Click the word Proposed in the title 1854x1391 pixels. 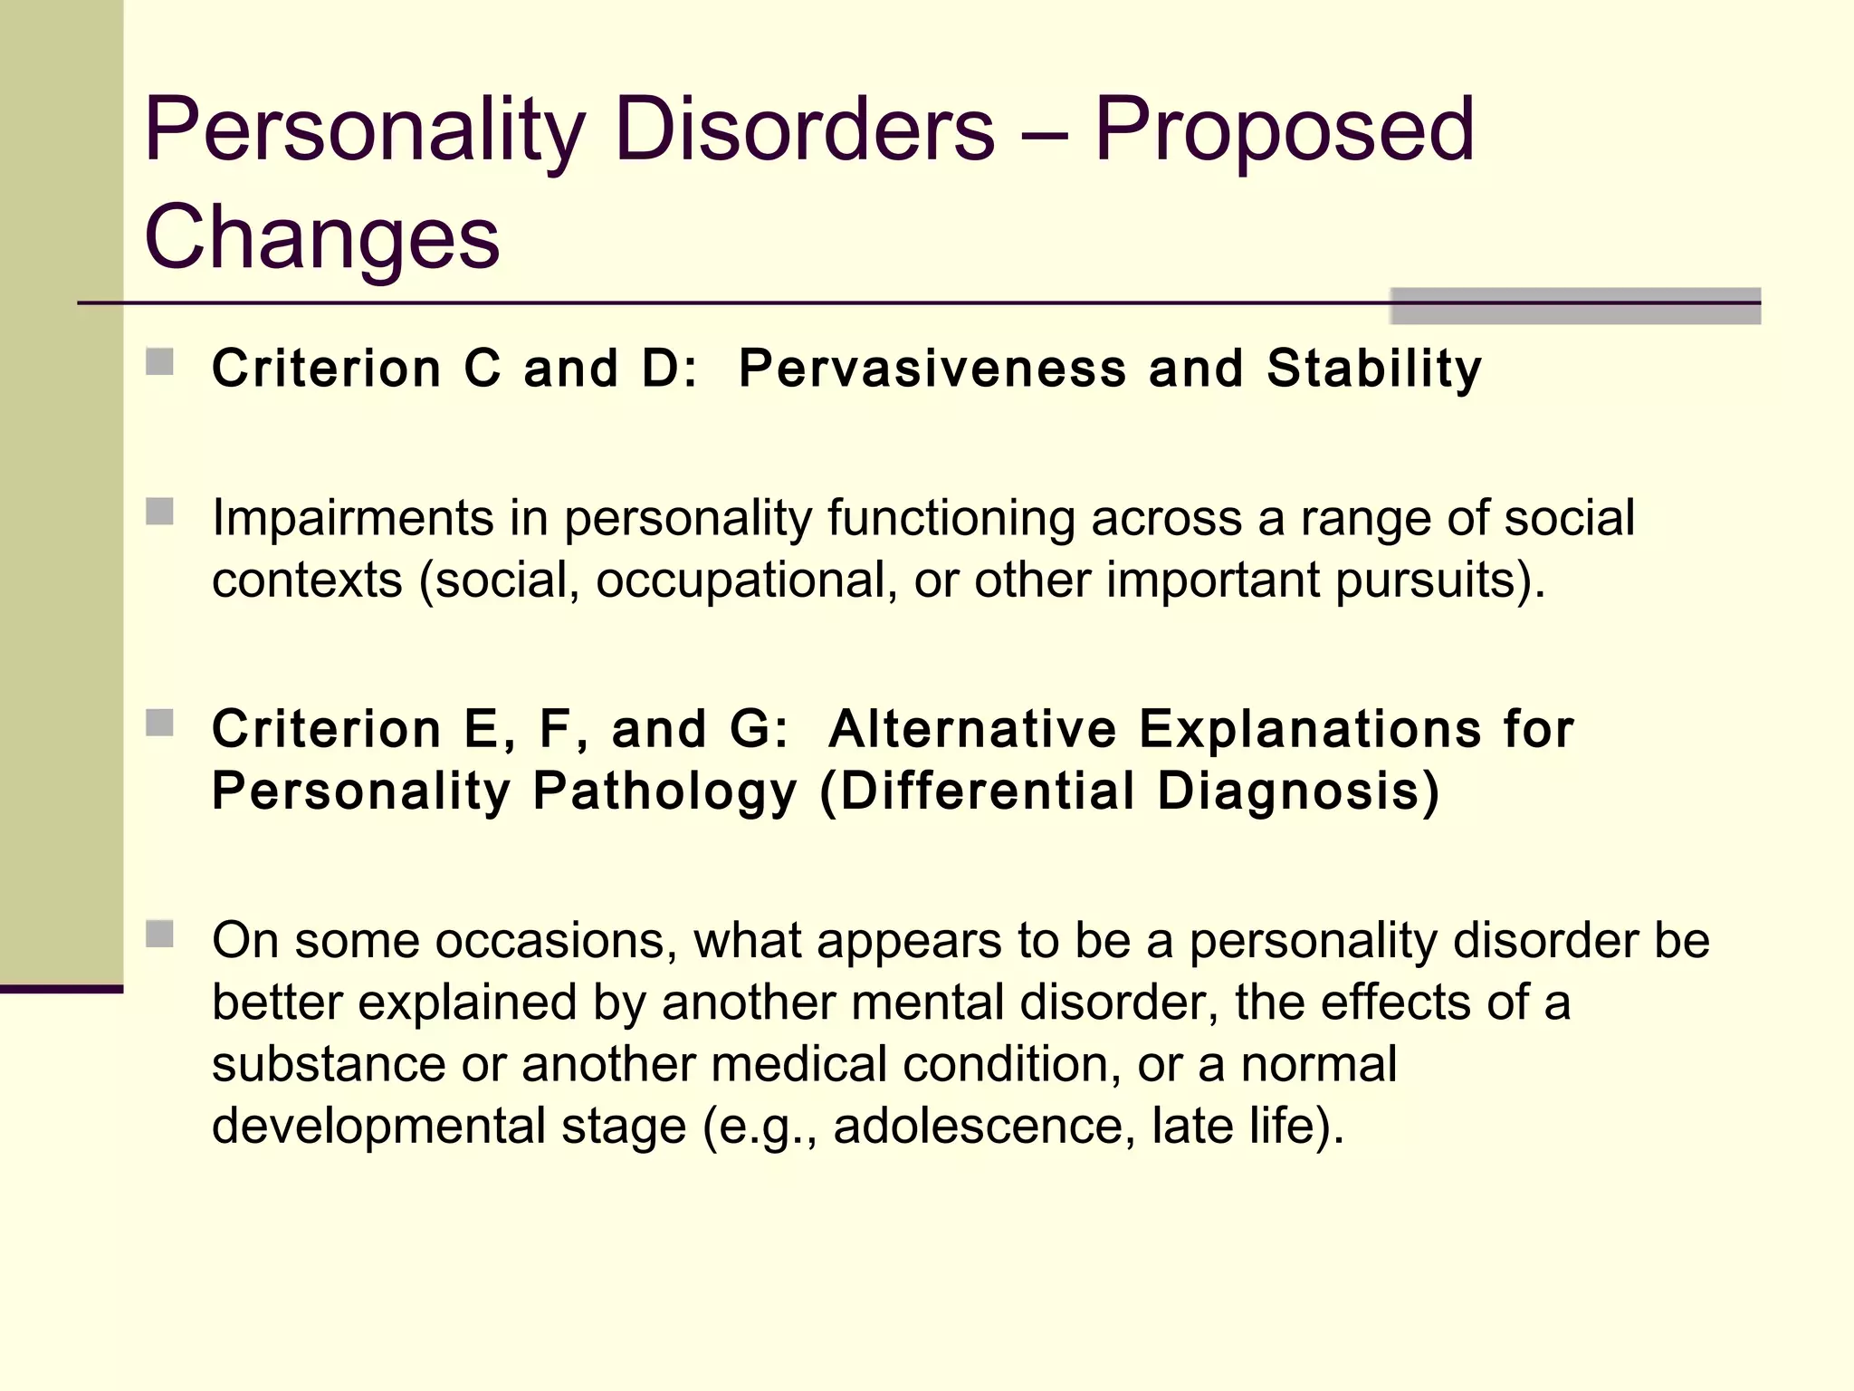coord(1284,131)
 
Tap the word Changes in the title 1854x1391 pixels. coord(321,237)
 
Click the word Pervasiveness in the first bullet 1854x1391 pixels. coord(932,369)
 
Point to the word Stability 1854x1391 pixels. coord(1373,369)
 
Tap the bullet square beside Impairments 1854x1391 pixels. coord(159,512)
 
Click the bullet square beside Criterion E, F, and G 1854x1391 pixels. coord(159,723)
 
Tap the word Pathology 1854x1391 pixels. coord(664,791)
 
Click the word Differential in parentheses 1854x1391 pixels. coord(987,791)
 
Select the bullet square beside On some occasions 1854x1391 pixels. coord(159,934)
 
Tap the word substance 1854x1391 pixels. coord(328,1064)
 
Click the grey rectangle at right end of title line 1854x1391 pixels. coord(1574,306)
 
